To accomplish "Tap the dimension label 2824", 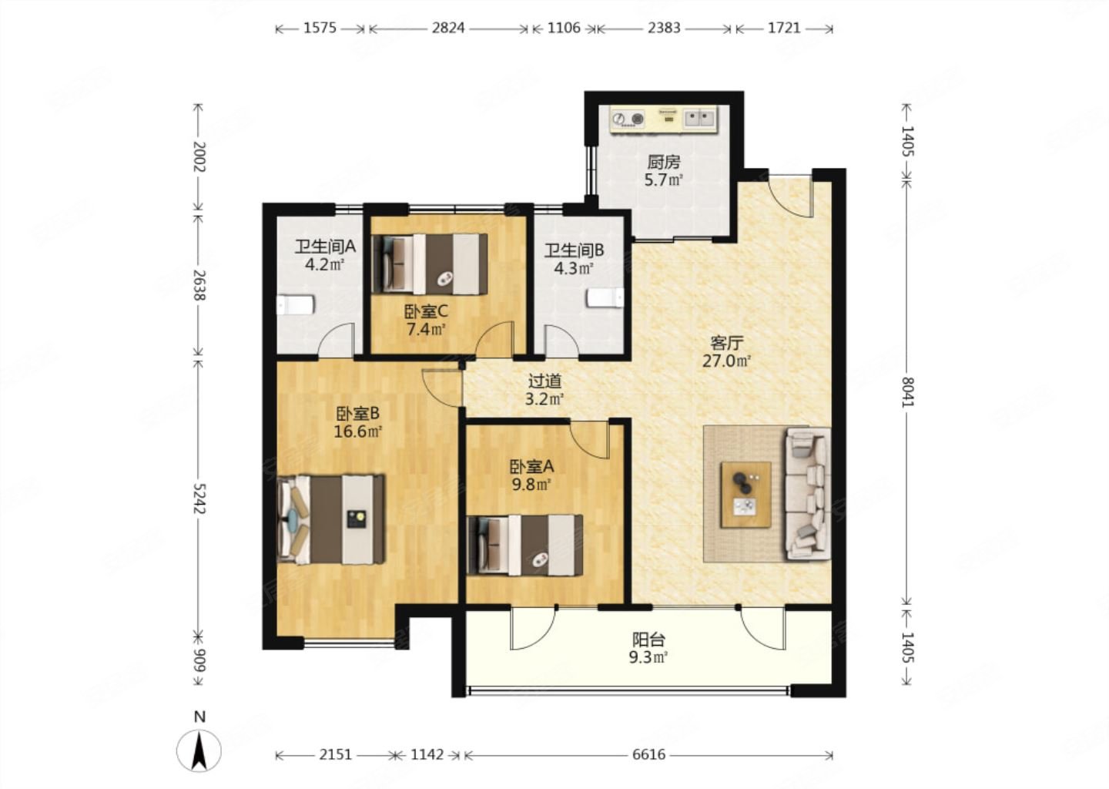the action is (448, 29).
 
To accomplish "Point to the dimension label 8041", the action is (907, 391).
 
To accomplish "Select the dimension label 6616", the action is (648, 755).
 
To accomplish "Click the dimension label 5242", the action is (199, 499).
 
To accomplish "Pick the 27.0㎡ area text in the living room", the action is (727, 361).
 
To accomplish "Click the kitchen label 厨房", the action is (663, 162).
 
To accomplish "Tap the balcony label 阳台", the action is (648, 640).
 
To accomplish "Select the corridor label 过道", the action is (544, 381).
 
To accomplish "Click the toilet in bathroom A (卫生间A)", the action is (295, 305).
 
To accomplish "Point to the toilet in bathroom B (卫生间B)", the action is (605, 297).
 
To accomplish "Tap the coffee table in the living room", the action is (745, 495).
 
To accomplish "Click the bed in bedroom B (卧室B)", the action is (330, 519).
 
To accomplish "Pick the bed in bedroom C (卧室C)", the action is (429, 264).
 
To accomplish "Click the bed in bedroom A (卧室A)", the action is (524, 545).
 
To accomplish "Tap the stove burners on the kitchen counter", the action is (628, 119).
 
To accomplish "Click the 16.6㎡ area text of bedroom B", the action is (357, 432).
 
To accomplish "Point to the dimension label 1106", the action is (564, 29).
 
